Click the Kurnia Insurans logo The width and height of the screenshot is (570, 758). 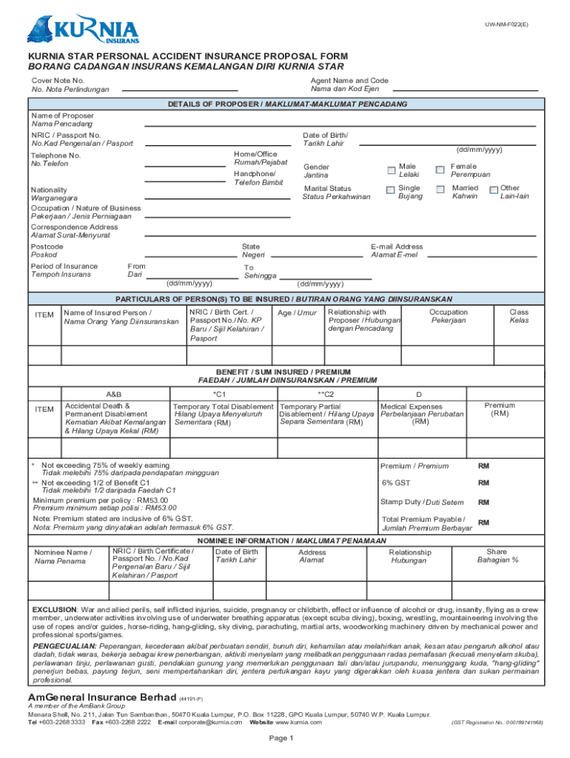(83, 30)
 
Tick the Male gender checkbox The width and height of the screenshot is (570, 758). (391, 170)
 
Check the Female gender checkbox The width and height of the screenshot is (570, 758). (440, 170)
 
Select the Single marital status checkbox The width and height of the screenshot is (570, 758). (391, 190)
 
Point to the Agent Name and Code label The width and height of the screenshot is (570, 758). (349, 80)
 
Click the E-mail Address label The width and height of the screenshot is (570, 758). (397, 246)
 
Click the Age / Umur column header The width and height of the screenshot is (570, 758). (296, 312)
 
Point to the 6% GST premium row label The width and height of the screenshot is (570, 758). (397, 483)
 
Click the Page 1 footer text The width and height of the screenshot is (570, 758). (282, 738)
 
